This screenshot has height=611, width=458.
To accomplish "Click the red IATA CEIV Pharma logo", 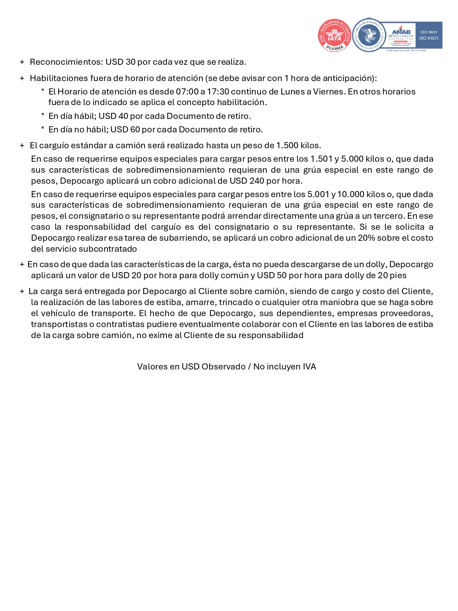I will coord(334,35).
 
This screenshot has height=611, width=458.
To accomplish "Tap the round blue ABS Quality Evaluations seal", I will coord(369,35).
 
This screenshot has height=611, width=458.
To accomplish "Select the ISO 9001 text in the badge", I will coord(429,32).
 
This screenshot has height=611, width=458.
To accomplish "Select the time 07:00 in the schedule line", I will coord(187,92).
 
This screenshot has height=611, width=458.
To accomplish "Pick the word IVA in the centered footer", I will coord(309,367).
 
